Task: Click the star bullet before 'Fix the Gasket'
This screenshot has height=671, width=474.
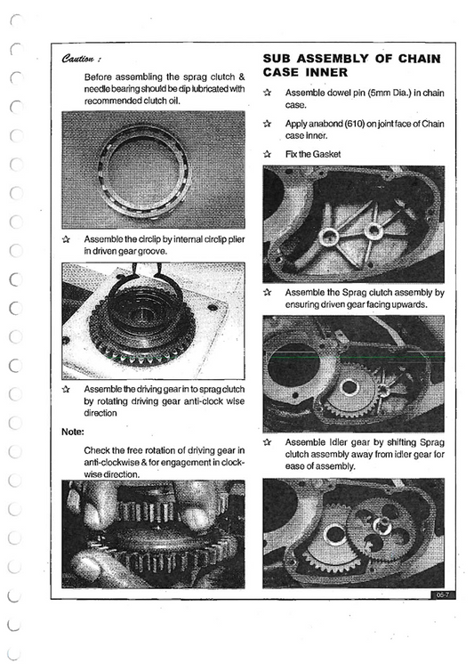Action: [268, 154]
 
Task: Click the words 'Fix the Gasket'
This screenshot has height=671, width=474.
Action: [313, 154]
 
